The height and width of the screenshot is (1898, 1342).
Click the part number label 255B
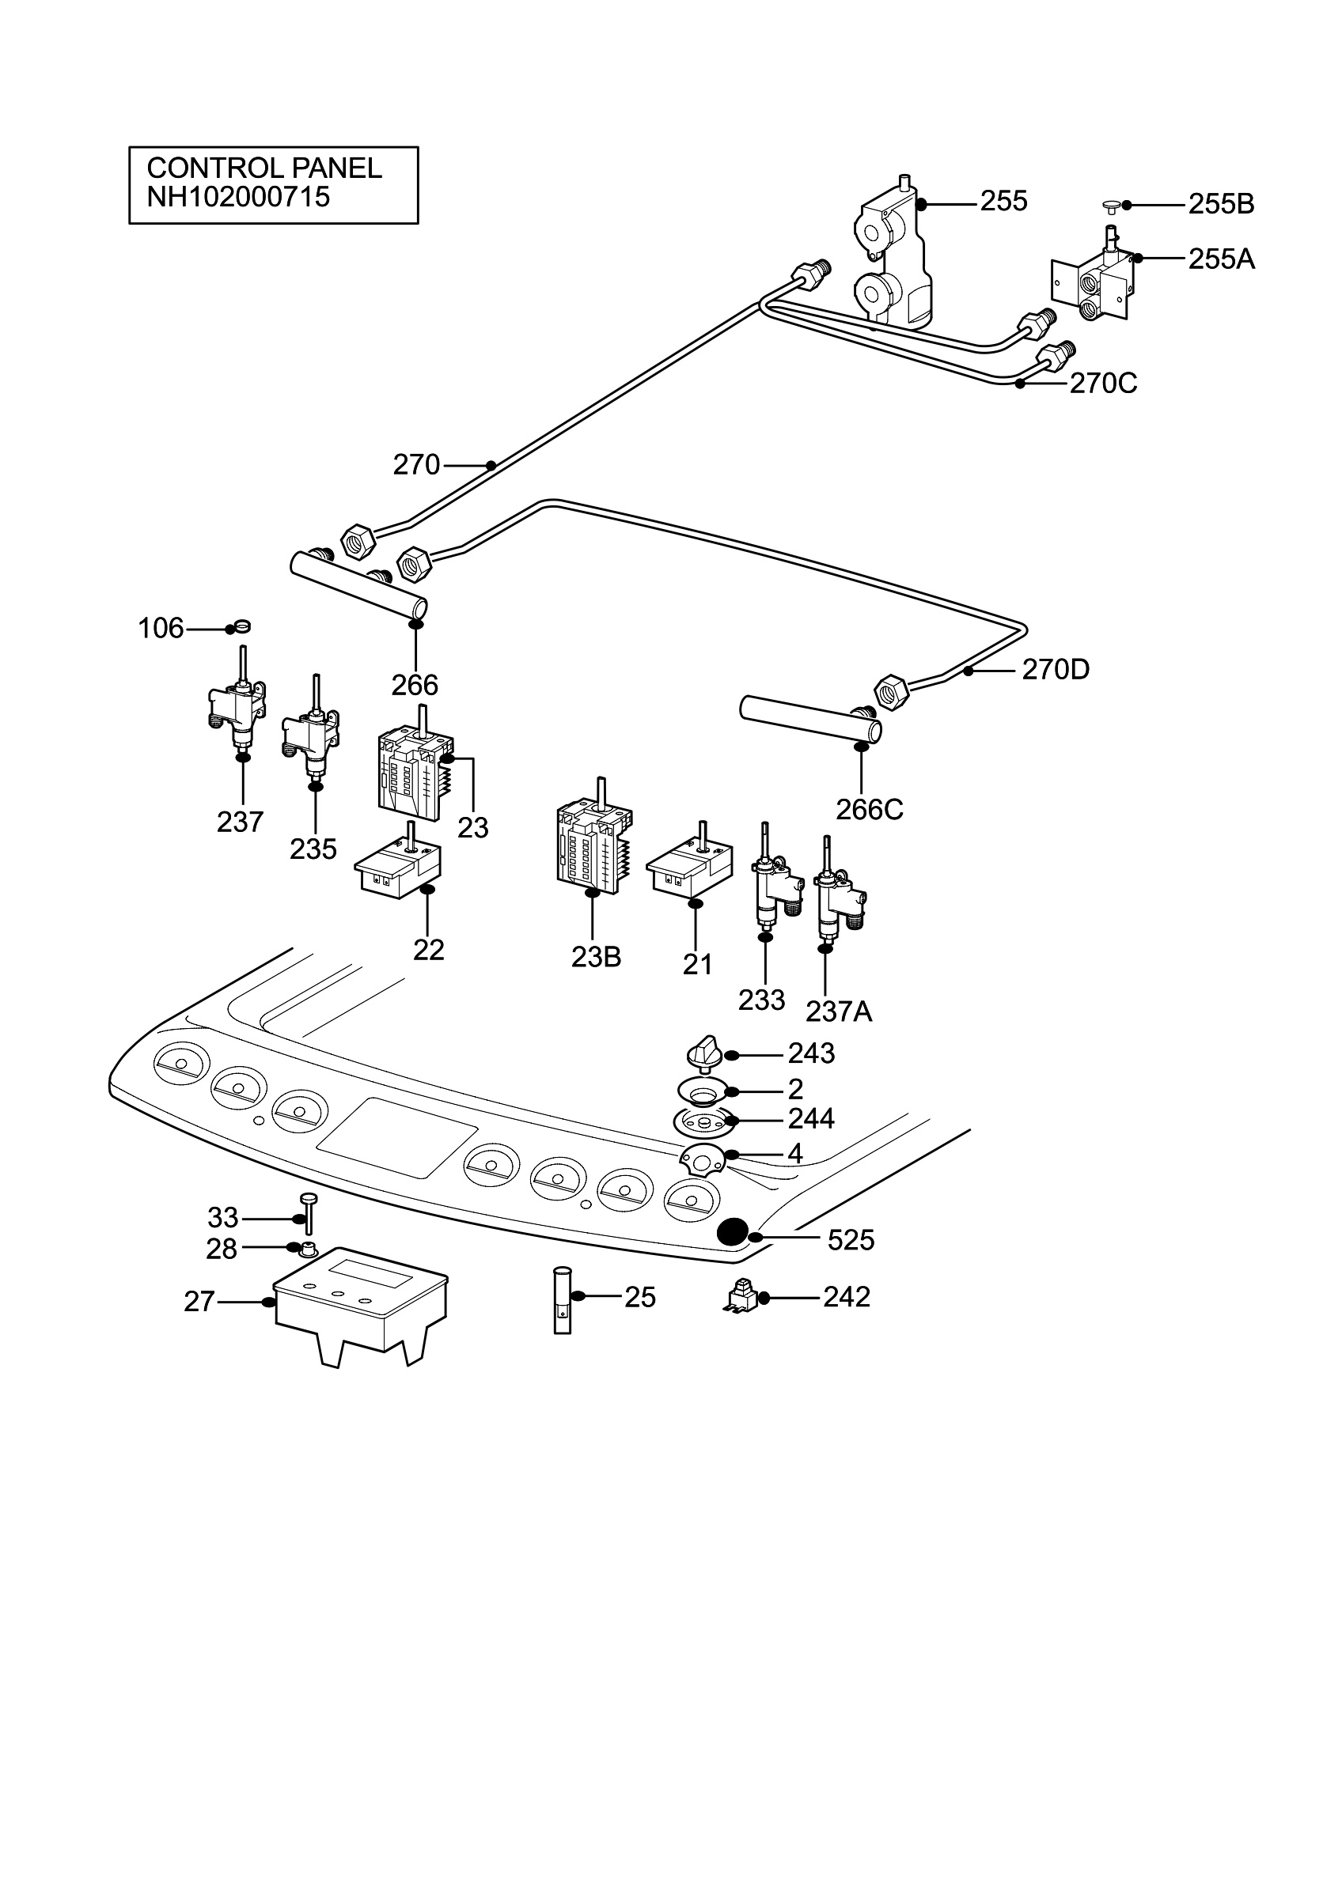1221,204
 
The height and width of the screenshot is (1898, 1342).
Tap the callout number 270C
1103,384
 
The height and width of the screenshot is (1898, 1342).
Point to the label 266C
869,809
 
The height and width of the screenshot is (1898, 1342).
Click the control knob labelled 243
704,1054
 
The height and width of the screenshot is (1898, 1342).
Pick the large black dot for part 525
732,1233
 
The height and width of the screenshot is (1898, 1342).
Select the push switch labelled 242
741,1297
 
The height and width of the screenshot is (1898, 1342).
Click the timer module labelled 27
361,1306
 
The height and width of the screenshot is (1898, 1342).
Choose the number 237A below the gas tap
839,1011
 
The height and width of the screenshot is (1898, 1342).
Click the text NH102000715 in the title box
238,197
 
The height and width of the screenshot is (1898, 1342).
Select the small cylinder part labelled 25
562,1298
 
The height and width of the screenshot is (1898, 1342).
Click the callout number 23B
595,956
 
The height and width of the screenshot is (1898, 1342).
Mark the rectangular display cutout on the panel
398,1137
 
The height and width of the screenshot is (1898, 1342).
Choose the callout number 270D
1055,670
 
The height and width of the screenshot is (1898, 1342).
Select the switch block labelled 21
690,868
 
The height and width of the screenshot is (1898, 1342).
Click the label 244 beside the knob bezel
810,1118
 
